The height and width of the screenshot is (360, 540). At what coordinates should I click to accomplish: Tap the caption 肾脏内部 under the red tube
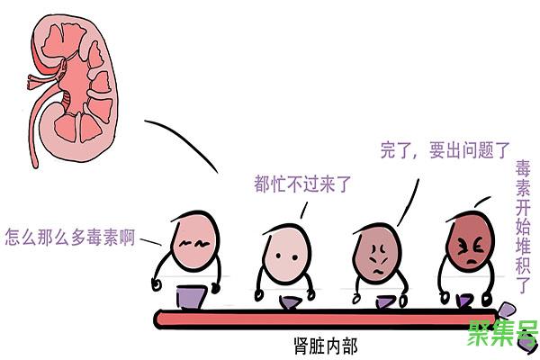326,346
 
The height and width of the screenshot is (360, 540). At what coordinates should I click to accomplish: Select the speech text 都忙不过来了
302,184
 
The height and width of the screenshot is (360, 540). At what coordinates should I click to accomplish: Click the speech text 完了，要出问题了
445,150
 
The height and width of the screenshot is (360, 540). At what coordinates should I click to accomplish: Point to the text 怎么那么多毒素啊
70,237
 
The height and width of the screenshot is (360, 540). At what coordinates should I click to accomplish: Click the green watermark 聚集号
502,333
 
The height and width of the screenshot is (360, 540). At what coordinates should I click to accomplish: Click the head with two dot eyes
287,253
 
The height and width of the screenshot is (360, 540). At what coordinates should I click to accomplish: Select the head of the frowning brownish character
378,253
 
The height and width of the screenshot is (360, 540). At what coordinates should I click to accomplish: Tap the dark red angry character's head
470,241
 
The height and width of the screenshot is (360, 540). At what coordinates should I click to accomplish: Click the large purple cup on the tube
192,297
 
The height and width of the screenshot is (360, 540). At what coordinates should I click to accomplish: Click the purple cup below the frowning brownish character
385,301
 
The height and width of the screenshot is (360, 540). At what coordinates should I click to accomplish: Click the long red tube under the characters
326,319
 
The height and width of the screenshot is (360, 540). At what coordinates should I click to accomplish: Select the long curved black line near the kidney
182,142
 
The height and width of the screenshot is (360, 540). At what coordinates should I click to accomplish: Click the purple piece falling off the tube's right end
506,310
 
